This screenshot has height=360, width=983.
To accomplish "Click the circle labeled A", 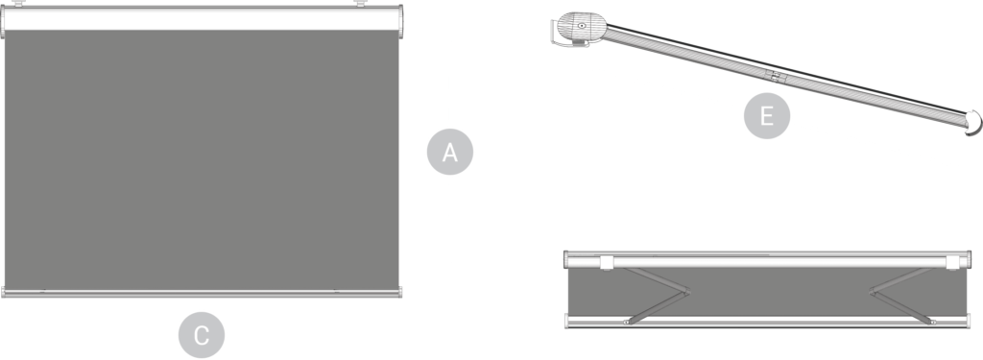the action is [449, 152].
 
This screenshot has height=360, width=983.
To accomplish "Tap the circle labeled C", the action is [202, 335].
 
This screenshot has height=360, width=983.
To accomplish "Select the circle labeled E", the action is [767, 116].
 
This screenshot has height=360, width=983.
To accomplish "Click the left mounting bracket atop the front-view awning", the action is [19, 3].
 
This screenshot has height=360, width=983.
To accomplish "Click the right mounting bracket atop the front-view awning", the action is [361, 3].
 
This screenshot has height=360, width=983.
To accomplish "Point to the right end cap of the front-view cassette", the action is [400, 22].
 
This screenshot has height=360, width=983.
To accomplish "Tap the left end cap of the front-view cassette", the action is [3, 22].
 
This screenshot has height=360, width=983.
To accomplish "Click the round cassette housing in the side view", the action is [581, 26].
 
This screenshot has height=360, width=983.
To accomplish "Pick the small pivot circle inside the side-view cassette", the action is [582, 26].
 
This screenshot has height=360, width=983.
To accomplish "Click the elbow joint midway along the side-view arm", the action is [776, 77].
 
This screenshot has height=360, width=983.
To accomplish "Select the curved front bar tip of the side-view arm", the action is [973, 123].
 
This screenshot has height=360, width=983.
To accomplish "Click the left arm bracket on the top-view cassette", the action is [607, 262].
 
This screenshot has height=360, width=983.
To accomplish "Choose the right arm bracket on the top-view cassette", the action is [953, 262].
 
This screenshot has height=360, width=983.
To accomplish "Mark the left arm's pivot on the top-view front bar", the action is [626, 322].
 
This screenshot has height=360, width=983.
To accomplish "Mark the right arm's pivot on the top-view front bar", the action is [932, 322].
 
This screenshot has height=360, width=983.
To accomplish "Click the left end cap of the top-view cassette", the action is [565, 259].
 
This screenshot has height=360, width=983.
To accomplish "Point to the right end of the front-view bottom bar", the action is [399, 292].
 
